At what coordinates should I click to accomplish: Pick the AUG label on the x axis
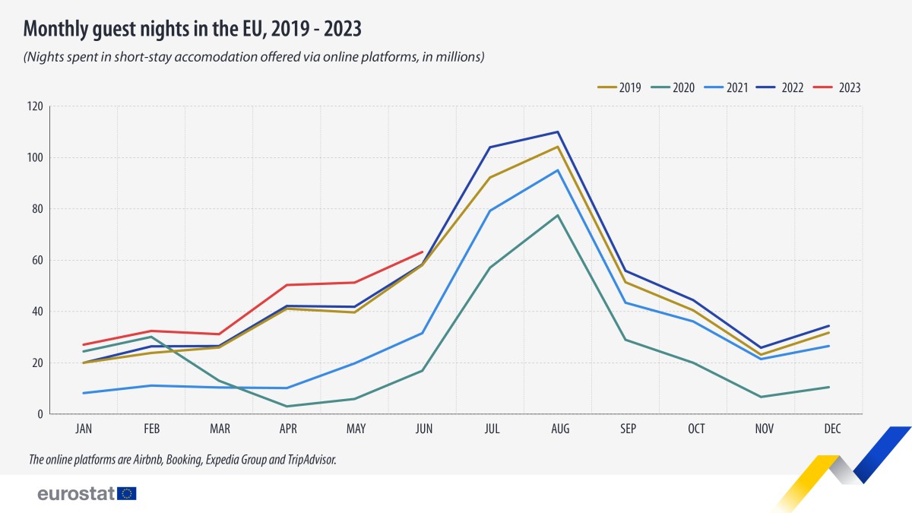coord(560,429)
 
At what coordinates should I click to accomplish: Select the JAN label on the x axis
coord(84,429)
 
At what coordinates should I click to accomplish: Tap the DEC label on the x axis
coord(832,429)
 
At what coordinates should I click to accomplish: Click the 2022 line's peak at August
coord(558,131)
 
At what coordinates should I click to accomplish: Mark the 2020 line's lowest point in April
coord(287,407)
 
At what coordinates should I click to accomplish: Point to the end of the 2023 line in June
coord(423,252)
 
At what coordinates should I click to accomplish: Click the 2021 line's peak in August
coord(559,169)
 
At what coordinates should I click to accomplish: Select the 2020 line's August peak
coord(558,215)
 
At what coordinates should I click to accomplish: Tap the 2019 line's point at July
coord(490,177)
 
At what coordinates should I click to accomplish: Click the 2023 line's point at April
coord(287,285)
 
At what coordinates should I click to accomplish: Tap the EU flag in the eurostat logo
coord(127,494)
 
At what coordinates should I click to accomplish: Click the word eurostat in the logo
coord(76,494)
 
